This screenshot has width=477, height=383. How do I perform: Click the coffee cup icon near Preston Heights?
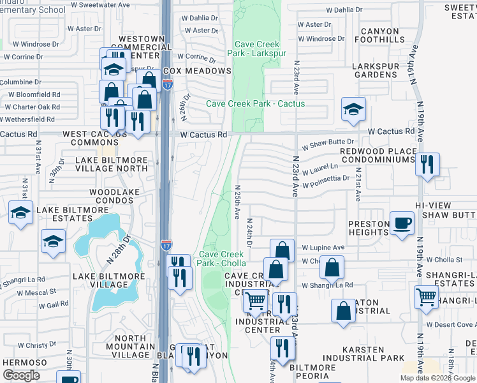click(x=402, y=223)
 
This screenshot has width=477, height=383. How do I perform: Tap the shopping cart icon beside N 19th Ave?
click(x=426, y=297)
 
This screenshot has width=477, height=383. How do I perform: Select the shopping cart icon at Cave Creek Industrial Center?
click(x=256, y=300)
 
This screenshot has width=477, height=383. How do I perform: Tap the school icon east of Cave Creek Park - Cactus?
click(x=353, y=109)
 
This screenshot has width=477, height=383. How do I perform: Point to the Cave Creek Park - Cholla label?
click(x=223, y=258)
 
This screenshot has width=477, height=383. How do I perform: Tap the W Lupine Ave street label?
click(x=323, y=247)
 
